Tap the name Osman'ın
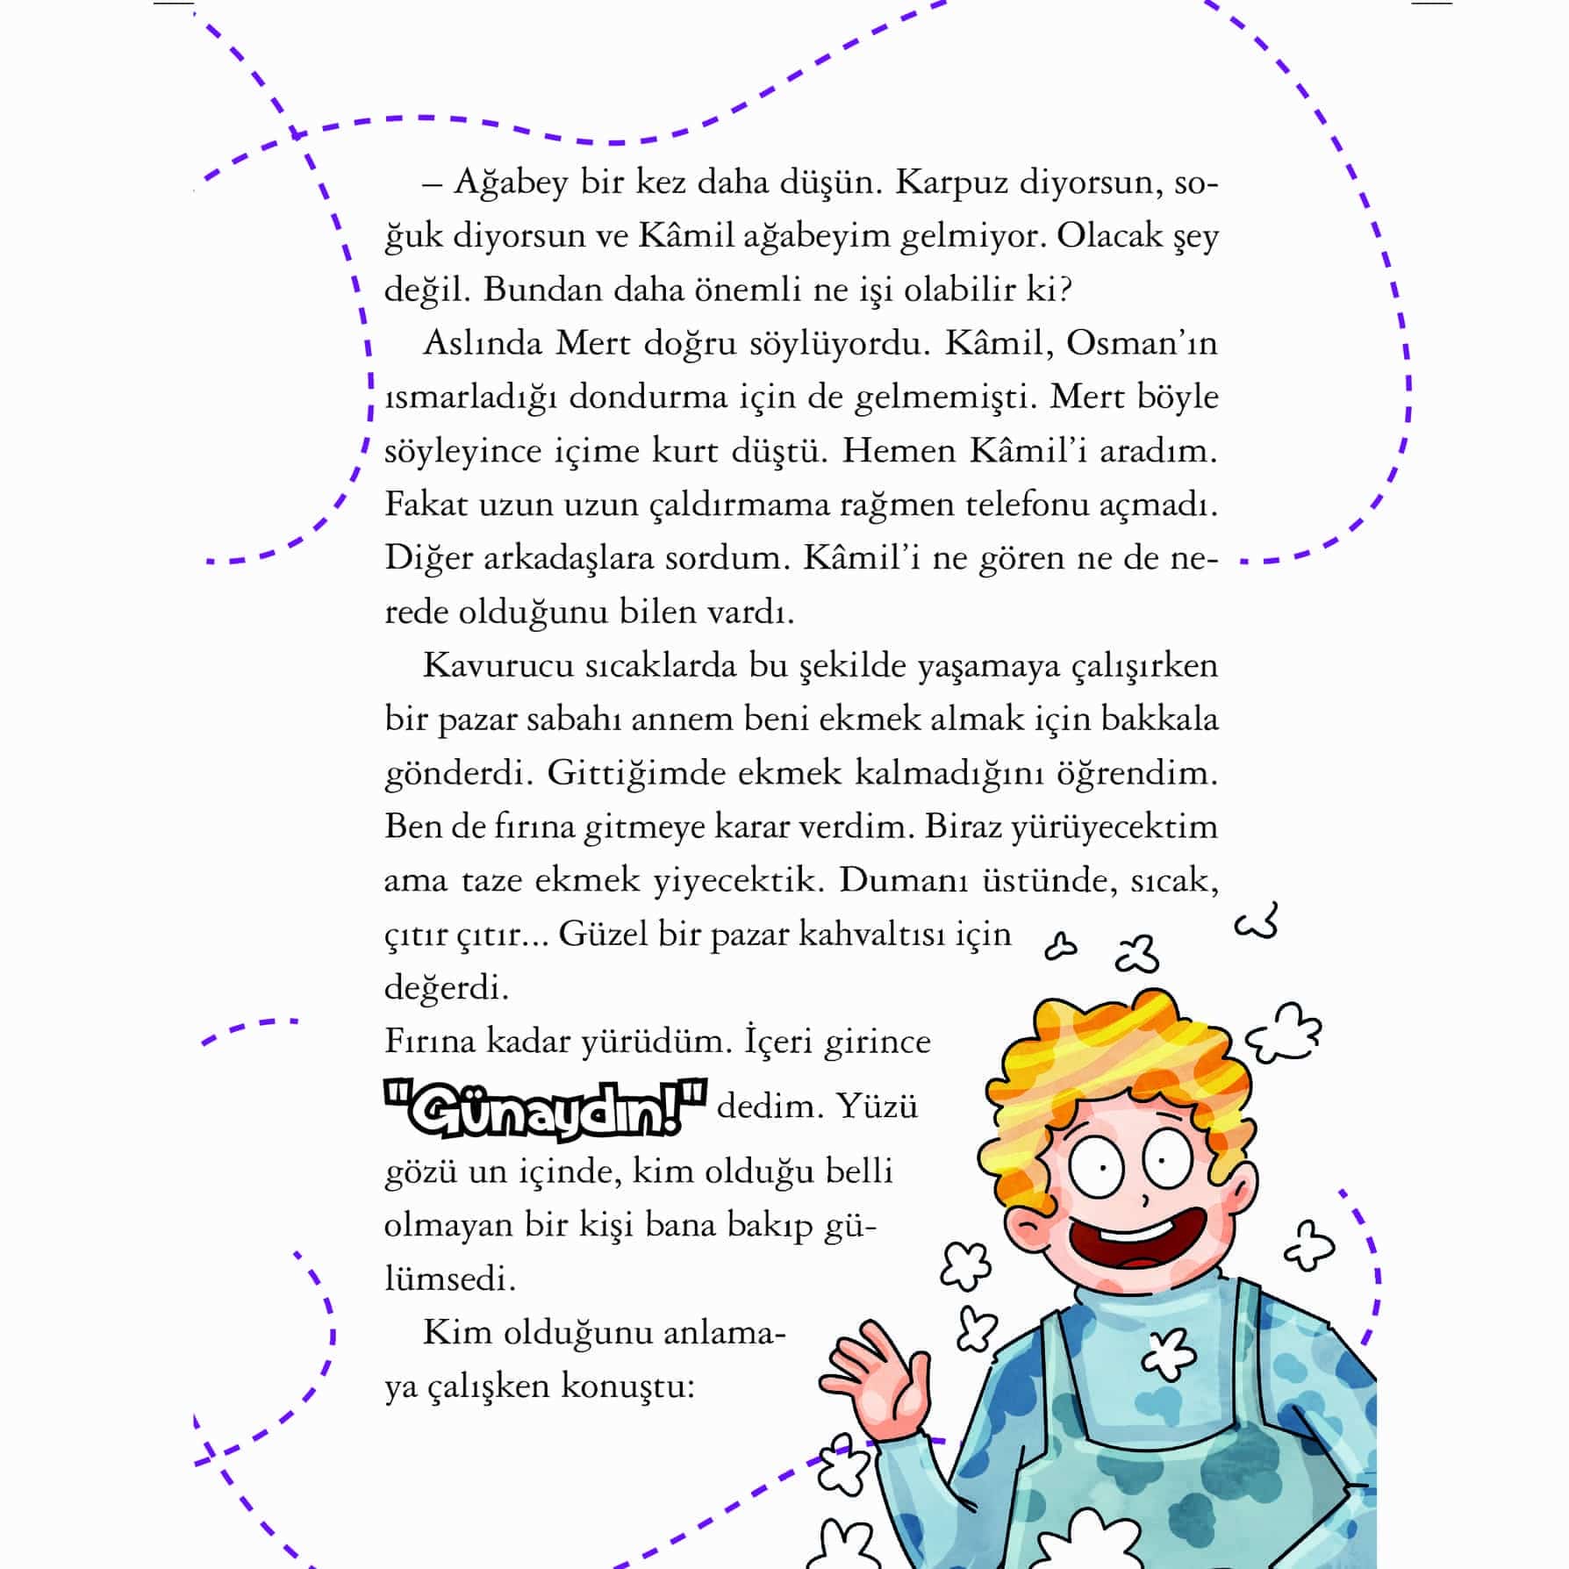coord(1142,343)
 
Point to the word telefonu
coord(1032,505)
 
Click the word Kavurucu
coord(491,665)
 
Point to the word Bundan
coord(534,290)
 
